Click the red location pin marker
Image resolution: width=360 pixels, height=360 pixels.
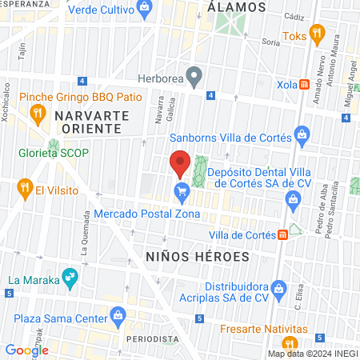180,163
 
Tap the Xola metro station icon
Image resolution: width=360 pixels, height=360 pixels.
305,85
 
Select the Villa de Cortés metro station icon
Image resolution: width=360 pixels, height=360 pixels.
282,235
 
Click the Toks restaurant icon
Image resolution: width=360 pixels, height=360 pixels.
318,34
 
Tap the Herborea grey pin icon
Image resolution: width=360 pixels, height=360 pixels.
194,77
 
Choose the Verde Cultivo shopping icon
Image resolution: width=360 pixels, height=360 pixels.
144,10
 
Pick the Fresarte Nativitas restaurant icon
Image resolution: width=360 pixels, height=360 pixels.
227,330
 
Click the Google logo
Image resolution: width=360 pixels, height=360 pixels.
26,350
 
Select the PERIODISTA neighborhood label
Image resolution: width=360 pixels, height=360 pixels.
150,338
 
